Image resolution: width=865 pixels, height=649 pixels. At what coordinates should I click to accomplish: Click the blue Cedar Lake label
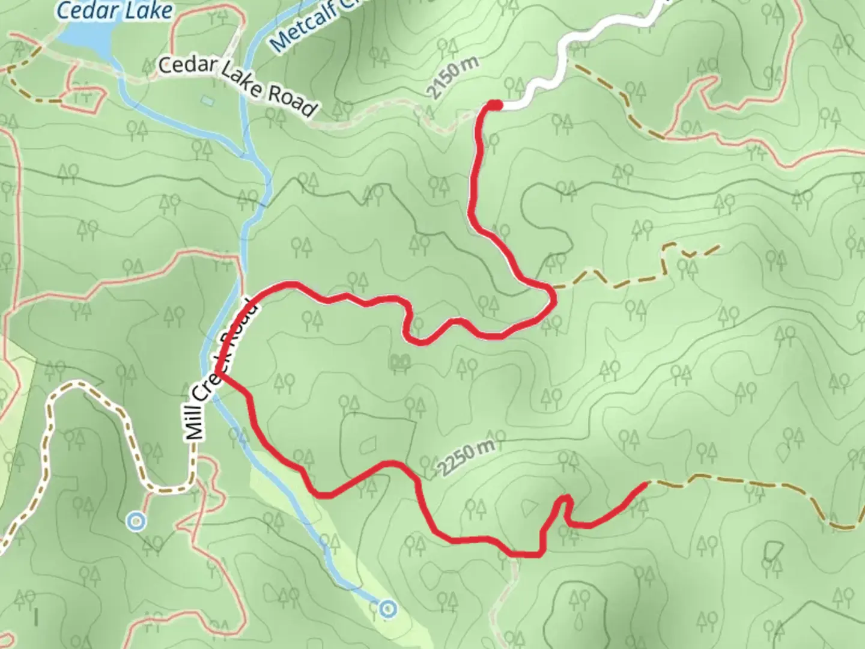(114, 10)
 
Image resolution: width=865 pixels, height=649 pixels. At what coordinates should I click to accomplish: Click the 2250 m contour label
(467, 458)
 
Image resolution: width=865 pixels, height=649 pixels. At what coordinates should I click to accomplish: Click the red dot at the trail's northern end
(494, 106)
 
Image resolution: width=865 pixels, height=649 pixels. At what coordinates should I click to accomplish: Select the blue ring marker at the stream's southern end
(389, 609)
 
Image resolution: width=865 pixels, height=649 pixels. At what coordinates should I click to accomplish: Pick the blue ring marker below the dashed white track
(137, 521)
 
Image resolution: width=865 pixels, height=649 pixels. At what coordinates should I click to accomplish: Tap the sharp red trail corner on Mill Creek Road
(219, 374)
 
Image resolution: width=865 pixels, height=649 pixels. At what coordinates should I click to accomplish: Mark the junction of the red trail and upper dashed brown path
(553, 288)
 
